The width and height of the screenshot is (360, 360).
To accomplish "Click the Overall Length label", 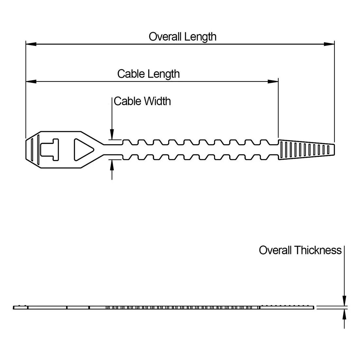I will [182, 36].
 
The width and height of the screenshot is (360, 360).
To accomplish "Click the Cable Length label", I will [148, 74].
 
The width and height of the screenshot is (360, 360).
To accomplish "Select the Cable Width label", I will [142, 101].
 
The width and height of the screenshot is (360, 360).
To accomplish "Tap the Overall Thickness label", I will [300, 250].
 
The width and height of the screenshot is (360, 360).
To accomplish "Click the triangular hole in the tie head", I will [82, 150].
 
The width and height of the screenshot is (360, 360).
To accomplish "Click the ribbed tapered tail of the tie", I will [306, 150].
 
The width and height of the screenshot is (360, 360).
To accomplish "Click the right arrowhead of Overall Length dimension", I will [329, 44].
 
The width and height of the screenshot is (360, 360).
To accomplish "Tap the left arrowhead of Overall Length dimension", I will [31, 44].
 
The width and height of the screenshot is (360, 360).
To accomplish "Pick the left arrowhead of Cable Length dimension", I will [31, 81].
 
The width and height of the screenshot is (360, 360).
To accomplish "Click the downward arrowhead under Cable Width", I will [112, 135].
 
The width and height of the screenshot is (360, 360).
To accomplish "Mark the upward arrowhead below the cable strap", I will [112, 165].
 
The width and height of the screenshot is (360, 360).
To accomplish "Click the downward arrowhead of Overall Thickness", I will [344, 301].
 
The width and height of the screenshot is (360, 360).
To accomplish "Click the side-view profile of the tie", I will [164, 308].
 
